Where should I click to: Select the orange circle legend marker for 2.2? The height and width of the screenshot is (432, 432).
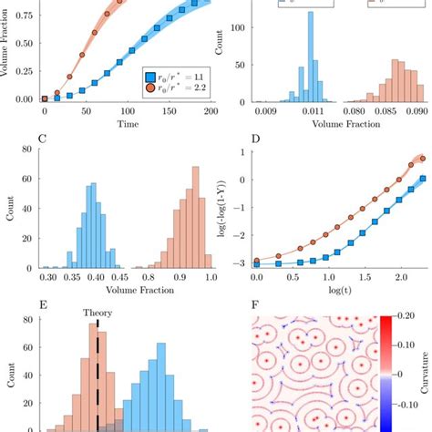tap(152, 93)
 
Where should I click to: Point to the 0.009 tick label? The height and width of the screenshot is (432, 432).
tap(267, 111)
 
